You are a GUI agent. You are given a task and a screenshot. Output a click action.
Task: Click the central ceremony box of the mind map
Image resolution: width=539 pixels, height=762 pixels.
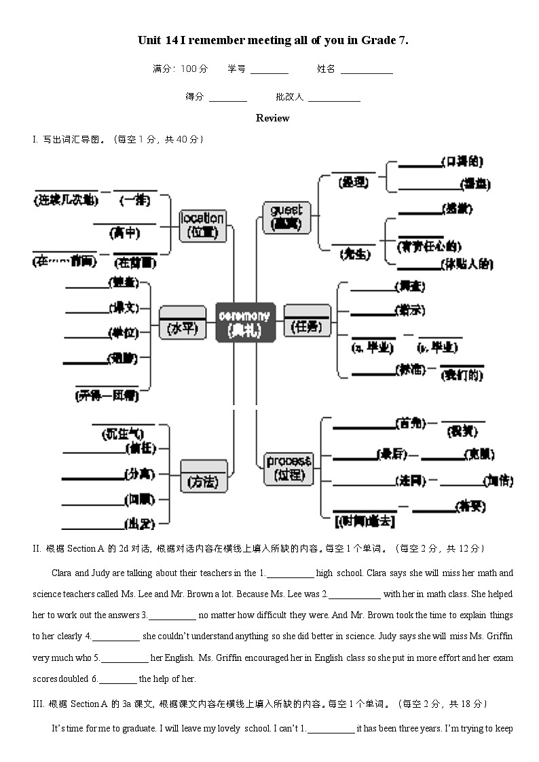point(244,322)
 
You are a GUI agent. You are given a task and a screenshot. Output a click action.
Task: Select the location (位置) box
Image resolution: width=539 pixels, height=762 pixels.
point(202,225)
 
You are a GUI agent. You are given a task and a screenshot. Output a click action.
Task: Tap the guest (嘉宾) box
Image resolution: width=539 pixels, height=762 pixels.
point(286,217)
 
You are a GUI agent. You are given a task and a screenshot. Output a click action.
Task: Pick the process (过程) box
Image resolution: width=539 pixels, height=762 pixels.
point(289,468)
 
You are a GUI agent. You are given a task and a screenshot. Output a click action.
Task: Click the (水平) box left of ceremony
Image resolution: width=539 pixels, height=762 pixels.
point(182,324)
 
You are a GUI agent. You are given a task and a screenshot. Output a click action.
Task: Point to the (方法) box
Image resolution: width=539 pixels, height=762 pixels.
point(203,476)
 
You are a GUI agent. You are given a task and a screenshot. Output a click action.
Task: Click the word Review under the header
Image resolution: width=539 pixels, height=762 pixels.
point(272,118)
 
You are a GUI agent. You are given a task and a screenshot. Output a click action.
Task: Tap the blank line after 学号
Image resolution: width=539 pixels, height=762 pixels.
point(269,71)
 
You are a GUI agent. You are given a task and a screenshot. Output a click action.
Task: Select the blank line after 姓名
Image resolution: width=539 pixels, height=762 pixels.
point(367,71)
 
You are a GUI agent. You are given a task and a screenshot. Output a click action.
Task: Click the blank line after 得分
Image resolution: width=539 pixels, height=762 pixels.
point(227,100)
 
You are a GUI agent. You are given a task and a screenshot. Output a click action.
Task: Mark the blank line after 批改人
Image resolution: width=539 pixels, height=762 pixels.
point(334,100)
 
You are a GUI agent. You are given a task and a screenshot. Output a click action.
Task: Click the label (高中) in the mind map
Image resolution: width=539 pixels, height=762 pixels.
point(125,233)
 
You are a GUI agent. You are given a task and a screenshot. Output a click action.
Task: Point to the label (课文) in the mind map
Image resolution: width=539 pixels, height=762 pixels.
point(124,308)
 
